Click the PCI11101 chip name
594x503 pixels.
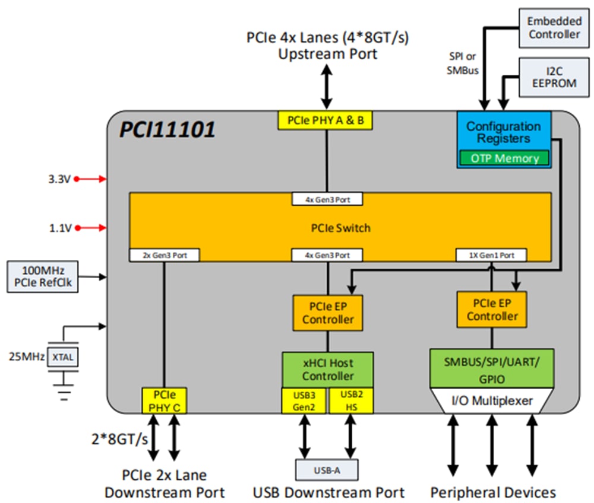pos(168,130)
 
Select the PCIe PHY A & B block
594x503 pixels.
pos(326,120)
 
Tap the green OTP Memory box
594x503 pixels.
pos(504,158)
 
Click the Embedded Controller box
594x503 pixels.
pos(554,28)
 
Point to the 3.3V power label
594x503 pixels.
pos(60,179)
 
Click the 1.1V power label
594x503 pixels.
pos(60,227)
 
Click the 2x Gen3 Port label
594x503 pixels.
pos(163,255)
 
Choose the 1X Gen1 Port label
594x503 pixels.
pos(491,255)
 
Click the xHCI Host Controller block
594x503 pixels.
pos(327,370)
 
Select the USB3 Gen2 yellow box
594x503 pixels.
pos(304,401)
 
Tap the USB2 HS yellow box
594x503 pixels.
pos(351,401)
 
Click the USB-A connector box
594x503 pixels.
pos(327,470)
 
